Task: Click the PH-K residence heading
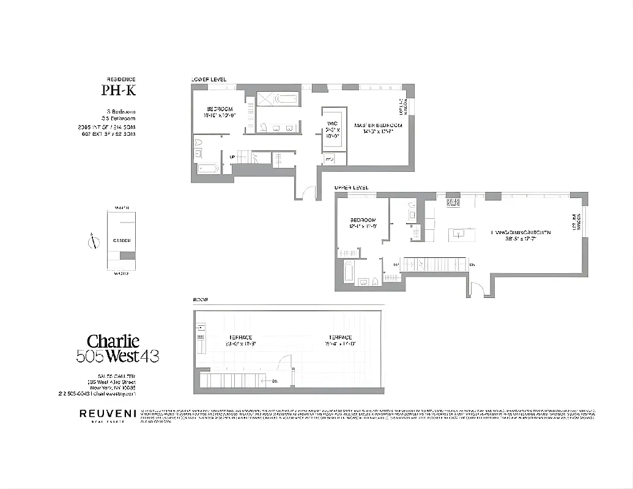(x=119, y=91)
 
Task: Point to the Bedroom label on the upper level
(x=362, y=223)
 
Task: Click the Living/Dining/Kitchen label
(x=520, y=236)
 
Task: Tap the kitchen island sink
(x=457, y=233)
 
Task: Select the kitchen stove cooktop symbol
(x=453, y=202)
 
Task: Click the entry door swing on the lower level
(x=305, y=192)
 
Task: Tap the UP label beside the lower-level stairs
(x=232, y=158)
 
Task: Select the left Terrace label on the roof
(x=240, y=340)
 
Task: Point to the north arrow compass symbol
(x=93, y=241)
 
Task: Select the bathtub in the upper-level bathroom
(x=349, y=271)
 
